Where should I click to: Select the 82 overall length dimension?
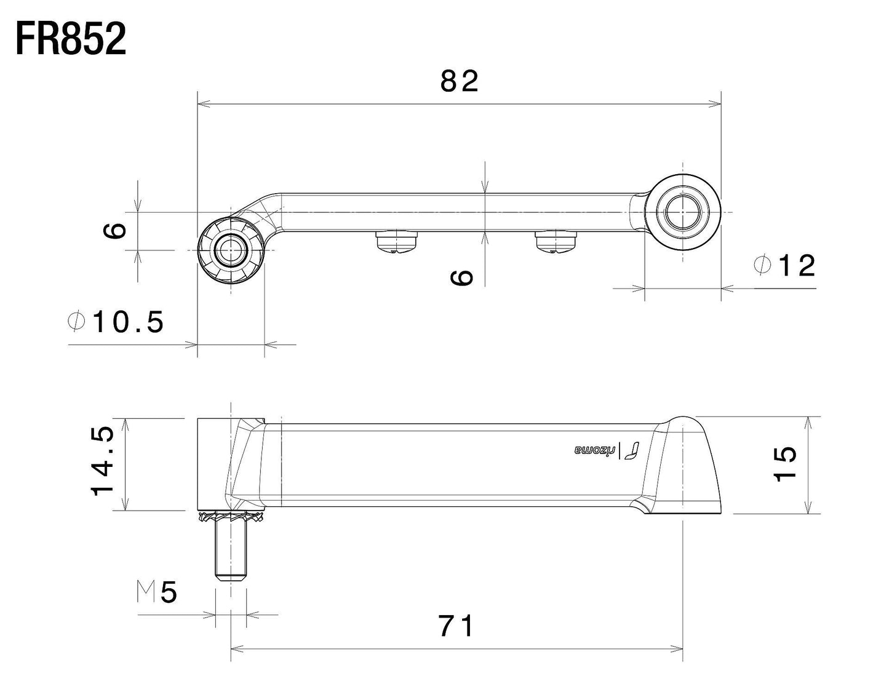(x=459, y=81)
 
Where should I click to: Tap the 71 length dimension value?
(x=457, y=626)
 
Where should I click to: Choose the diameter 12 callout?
(x=785, y=266)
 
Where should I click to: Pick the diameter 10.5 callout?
(x=117, y=322)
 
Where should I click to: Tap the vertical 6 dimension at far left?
(x=115, y=231)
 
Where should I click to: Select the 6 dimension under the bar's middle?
(x=462, y=277)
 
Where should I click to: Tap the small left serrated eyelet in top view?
(x=230, y=250)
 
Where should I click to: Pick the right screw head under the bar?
(x=556, y=241)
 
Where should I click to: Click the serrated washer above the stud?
(x=231, y=517)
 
